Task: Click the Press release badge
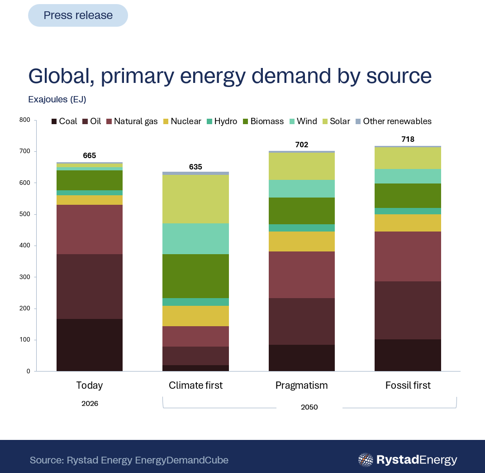point(78,15)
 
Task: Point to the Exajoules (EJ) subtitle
point(57,99)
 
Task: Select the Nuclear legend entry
point(182,121)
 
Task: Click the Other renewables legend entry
point(394,121)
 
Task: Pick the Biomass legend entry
point(263,121)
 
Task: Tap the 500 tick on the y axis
point(25,214)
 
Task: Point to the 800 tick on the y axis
point(25,120)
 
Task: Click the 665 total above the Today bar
point(90,155)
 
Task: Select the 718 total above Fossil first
point(408,139)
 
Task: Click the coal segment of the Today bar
point(90,345)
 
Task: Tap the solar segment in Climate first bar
point(195,199)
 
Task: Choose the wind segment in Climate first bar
point(195,239)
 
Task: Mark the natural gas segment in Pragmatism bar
point(302,275)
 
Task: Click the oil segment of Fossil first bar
point(408,310)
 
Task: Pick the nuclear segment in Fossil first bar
point(408,223)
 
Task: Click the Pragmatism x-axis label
point(302,386)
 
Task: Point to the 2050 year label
point(309,407)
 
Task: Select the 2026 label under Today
point(90,403)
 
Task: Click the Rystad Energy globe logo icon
point(366,460)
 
